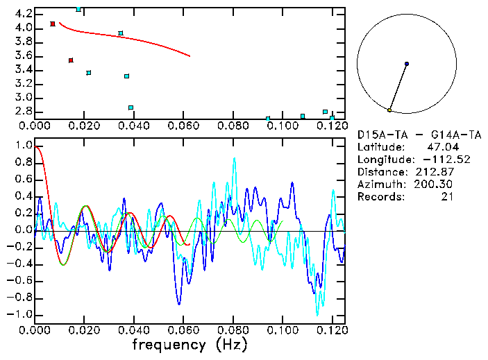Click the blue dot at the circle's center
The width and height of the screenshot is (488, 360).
pos(407,64)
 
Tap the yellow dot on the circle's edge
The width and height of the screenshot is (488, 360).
pos(389,110)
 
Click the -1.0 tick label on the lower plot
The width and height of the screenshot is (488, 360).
pos(21,314)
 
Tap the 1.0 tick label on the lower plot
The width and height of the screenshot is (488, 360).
pos(23,146)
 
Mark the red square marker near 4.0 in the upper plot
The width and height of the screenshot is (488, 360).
pos(53,24)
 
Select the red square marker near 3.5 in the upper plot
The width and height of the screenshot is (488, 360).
pos(71,60)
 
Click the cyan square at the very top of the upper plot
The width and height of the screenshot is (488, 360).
pos(78,9)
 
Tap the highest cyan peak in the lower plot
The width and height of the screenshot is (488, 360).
pos(234,159)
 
